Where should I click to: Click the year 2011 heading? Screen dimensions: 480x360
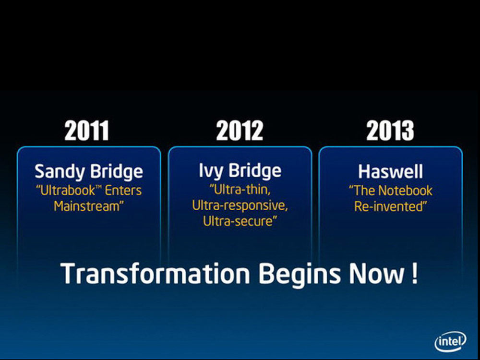click(x=86, y=131)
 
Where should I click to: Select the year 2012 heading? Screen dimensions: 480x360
click(x=240, y=131)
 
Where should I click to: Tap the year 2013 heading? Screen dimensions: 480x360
click(x=390, y=131)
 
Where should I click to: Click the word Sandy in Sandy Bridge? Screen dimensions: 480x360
click(x=60, y=171)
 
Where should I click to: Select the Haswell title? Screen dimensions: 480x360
click(x=391, y=171)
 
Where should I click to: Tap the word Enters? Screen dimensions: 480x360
click(x=123, y=191)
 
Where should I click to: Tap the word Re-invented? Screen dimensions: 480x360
click(x=390, y=206)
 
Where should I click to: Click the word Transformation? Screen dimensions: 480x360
click(x=155, y=274)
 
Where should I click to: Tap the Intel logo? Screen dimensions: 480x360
click(x=451, y=341)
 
